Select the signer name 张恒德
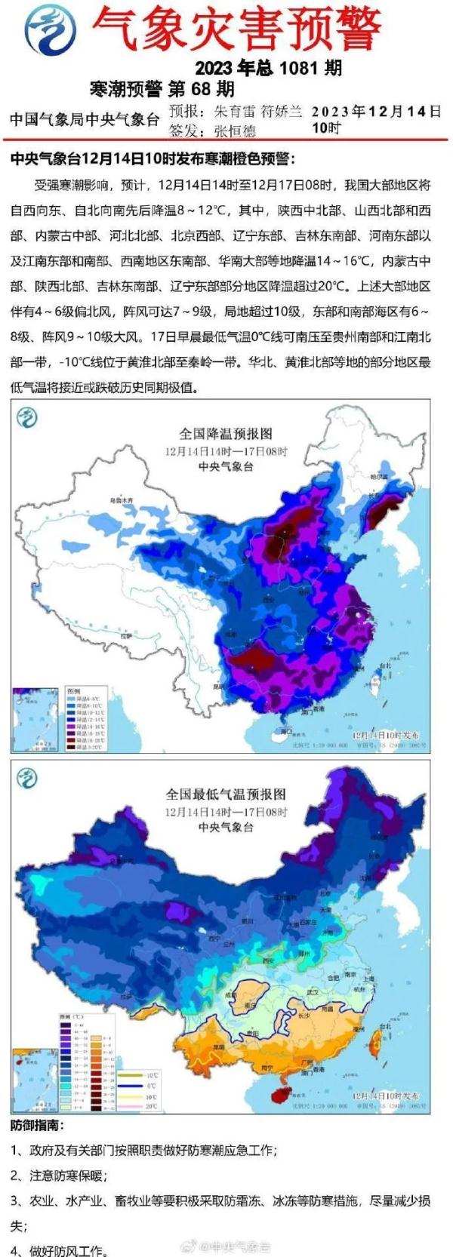pos(235,131)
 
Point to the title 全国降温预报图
pos(225,434)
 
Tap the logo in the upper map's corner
pos(28,416)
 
